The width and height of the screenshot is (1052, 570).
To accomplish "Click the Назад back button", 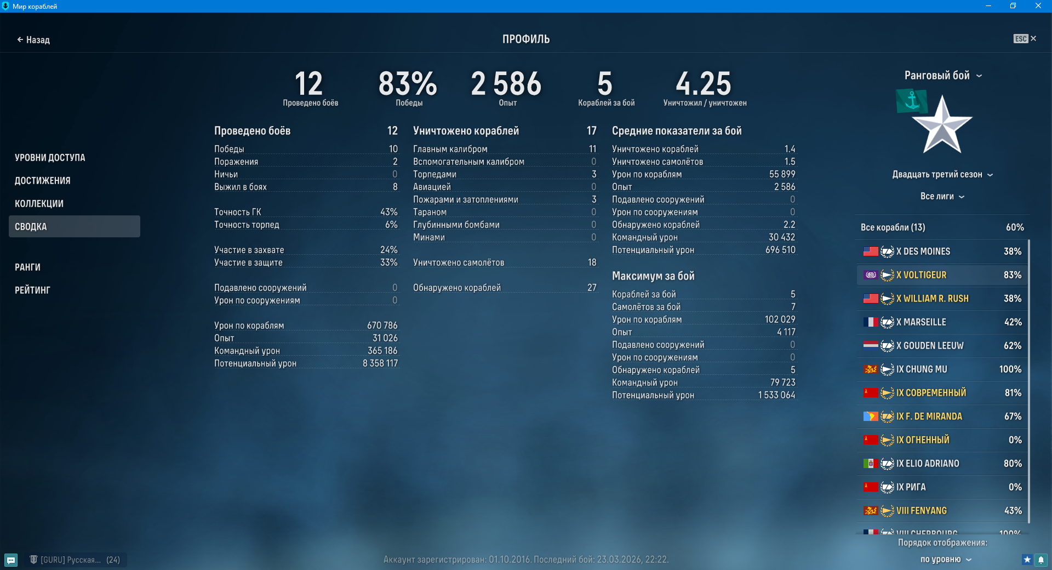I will [x=33, y=40].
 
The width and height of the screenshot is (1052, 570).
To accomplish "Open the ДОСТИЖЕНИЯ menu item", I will [x=43, y=181].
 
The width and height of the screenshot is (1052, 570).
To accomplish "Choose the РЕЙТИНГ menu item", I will [x=32, y=290].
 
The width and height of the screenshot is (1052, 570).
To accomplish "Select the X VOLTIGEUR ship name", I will [x=921, y=275].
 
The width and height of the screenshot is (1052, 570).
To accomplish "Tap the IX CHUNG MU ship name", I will [x=922, y=369].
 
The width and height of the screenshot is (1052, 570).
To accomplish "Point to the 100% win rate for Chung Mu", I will [x=1010, y=369].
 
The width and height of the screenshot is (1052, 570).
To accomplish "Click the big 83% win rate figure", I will [x=408, y=84].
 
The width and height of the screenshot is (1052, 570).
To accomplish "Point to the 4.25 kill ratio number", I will [x=704, y=84].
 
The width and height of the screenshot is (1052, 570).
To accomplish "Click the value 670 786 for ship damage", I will [x=382, y=326].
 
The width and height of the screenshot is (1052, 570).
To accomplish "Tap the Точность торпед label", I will [x=247, y=225].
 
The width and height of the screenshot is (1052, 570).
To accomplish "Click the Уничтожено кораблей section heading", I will [x=466, y=131].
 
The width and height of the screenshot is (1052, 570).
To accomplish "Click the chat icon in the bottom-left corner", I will [x=11, y=560].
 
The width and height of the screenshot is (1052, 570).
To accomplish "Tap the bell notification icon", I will [x=1041, y=560].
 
